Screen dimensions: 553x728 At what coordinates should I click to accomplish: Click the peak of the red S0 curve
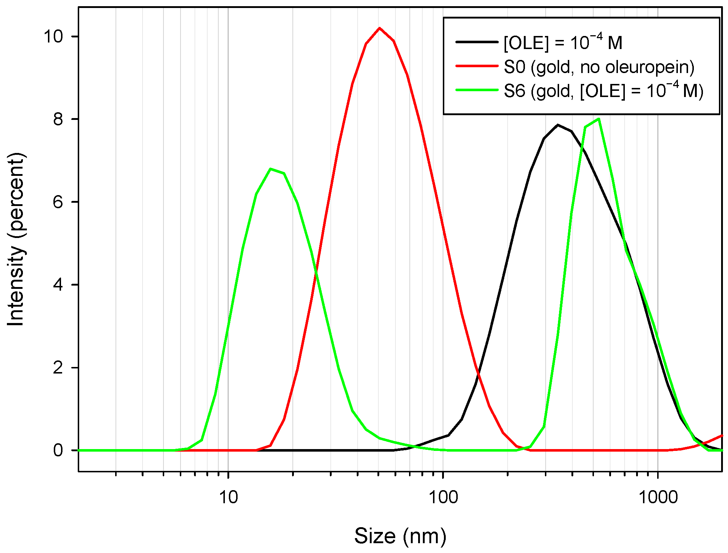380,28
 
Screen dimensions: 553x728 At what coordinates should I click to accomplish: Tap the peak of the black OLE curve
558,125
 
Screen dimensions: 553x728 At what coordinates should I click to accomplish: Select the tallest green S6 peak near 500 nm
598,119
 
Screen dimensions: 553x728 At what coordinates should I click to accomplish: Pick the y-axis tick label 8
58,119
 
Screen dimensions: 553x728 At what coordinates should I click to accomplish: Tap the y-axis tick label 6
58,202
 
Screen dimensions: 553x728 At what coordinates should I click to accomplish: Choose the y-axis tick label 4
58,285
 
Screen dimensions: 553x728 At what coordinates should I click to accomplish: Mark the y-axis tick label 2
58,368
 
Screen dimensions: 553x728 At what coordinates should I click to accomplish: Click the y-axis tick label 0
58,451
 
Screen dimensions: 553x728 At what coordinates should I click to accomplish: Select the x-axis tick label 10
228,497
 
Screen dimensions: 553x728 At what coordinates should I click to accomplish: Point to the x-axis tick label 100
443,497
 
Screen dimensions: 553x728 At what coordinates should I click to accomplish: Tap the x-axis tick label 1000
658,497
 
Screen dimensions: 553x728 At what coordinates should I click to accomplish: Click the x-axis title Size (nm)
400,536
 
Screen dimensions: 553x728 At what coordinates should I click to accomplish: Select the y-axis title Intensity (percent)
16,240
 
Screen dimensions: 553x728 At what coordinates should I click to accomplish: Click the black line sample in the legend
477,42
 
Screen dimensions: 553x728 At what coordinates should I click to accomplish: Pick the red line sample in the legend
477,66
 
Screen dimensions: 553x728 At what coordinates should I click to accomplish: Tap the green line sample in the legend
477,90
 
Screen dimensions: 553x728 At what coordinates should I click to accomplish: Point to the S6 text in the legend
514,91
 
